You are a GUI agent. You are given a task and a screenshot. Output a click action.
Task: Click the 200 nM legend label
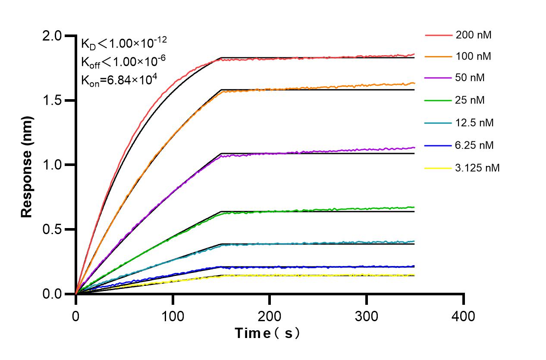click(474, 35)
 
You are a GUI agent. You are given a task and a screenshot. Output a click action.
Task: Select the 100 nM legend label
click(474, 56)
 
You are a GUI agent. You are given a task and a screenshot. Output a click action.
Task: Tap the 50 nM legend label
click(470, 78)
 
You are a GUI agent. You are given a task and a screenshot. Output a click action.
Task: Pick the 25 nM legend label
click(470, 100)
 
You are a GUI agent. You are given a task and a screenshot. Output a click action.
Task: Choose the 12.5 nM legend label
click(474, 123)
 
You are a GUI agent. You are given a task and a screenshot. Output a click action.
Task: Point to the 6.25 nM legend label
click(474, 145)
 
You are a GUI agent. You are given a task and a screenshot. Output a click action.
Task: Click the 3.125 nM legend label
click(477, 168)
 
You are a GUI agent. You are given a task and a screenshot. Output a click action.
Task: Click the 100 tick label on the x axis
click(173, 317)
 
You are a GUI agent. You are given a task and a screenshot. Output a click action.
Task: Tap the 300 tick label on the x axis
click(367, 317)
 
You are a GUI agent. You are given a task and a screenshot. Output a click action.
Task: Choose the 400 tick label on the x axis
click(464, 317)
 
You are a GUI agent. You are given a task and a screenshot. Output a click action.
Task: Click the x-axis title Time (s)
click(267, 333)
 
